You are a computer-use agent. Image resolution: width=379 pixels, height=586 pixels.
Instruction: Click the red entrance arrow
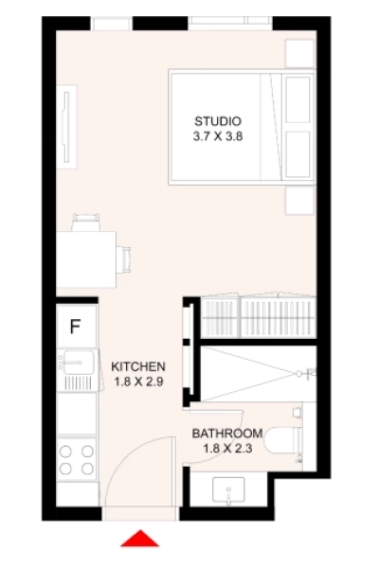[139, 539]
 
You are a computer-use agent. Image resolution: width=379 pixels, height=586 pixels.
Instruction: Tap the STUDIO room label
[218, 121]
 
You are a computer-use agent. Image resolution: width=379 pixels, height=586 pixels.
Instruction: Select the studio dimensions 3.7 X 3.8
[218, 136]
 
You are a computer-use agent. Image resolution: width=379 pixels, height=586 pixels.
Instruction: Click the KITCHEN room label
[138, 366]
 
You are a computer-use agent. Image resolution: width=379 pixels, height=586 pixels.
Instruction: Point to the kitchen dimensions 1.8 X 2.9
[138, 382]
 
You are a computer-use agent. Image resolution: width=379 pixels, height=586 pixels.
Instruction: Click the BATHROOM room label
[227, 434]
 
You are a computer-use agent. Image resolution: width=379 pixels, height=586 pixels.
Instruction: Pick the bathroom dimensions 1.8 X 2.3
[227, 448]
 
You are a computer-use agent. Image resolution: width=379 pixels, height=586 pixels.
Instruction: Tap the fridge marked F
[77, 327]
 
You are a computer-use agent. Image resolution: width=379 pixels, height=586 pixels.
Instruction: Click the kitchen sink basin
[79, 362]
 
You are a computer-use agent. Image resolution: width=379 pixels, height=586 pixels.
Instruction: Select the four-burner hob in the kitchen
[77, 460]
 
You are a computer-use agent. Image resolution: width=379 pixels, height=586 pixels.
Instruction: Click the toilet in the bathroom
[283, 440]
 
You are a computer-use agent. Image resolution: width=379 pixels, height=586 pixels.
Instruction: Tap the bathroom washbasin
[228, 490]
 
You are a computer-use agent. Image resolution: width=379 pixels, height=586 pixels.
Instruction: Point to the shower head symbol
[299, 373]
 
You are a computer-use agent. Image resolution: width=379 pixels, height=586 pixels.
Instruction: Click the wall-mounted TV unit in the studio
[67, 127]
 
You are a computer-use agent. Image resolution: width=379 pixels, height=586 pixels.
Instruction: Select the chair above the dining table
[86, 222]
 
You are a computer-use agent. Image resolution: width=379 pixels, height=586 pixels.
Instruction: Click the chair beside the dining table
[123, 259]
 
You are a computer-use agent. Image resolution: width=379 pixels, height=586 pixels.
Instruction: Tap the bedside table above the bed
[299, 53]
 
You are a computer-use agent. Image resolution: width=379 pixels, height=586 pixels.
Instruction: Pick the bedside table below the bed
[299, 201]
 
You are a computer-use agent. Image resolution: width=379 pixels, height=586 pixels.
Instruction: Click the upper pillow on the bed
[298, 99]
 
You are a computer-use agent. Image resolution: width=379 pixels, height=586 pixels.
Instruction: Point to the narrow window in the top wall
[112, 24]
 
